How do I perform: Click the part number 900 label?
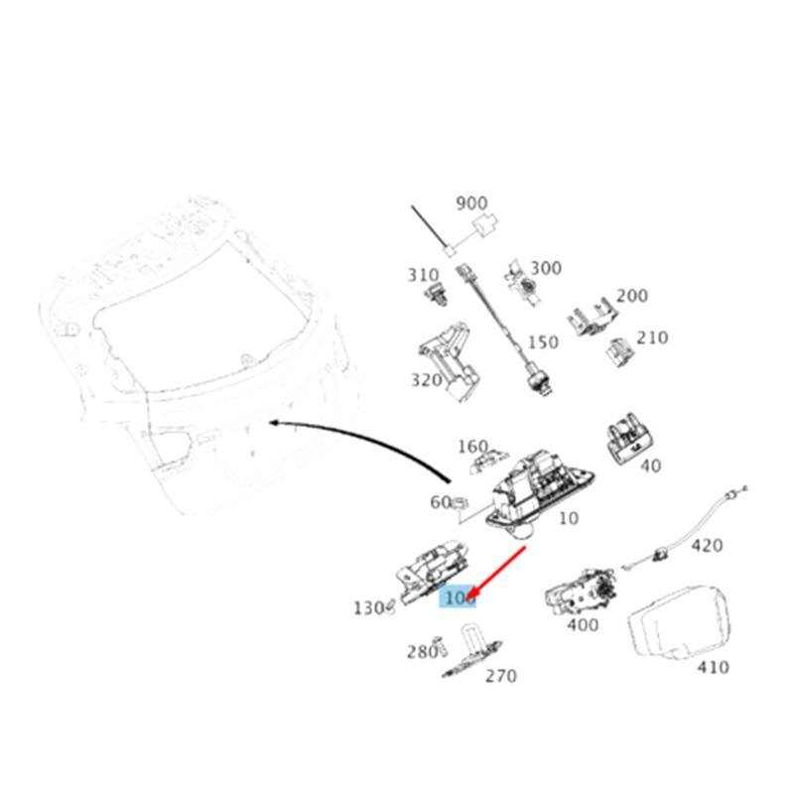tap(471, 203)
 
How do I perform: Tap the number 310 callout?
tap(423, 274)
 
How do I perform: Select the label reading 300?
tap(545, 268)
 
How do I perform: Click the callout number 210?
tap(652, 337)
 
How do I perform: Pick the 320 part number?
tap(427, 380)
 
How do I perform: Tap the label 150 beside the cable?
tap(542, 342)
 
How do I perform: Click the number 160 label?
tap(472, 446)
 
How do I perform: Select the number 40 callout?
tap(650, 464)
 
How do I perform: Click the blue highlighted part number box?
tap(459, 597)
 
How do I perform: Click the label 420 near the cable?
tap(707, 545)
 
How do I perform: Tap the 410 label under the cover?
tap(713, 667)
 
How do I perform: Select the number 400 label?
tap(583, 625)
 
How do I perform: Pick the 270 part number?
tap(500, 676)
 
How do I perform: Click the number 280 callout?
tap(422, 652)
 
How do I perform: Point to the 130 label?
tap(368, 607)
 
